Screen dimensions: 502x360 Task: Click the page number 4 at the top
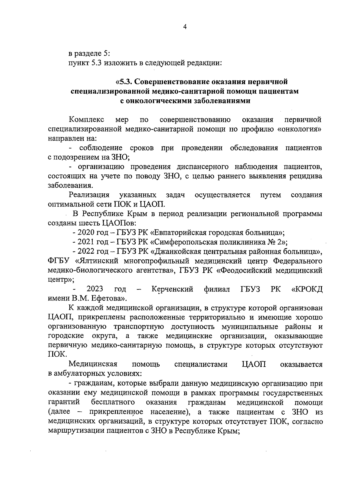click(185, 27)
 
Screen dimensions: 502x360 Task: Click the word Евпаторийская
click(185, 232)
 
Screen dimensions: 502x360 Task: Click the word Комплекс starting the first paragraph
click(86, 120)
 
